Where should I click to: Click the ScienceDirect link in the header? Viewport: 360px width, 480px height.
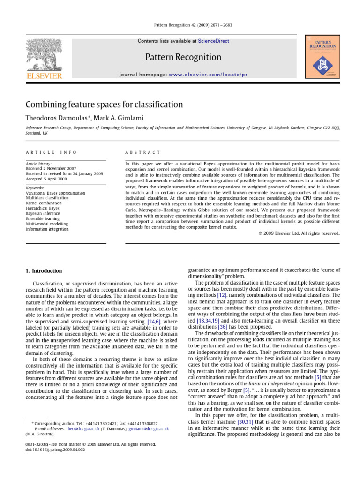point(213,41)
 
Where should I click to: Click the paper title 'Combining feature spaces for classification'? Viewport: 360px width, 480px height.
point(104,105)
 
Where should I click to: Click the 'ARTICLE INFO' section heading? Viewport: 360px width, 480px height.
point(51,152)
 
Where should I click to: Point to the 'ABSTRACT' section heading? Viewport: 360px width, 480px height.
point(142,152)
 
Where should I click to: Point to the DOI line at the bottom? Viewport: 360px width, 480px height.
point(55,450)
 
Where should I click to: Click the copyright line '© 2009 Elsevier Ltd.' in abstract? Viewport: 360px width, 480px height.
point(299,233)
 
